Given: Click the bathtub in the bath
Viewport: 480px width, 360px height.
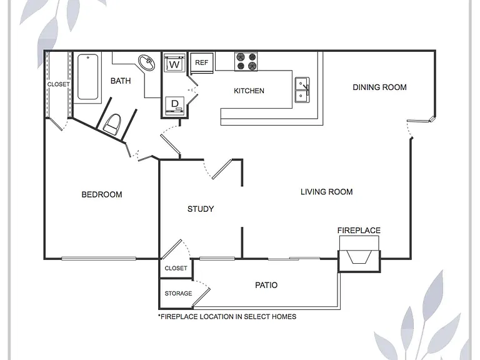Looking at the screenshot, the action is click(x=88, y=77).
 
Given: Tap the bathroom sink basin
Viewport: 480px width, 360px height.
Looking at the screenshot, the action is click(x=146, y=62).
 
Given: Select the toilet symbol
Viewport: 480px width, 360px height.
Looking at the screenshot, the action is click(x=112, y=124).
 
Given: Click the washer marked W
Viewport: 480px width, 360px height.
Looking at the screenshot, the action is click(x=174, y=62).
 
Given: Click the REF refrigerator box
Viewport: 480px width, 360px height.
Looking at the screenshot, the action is click(x=202, y=62).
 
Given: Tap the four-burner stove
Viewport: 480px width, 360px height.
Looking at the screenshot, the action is click(x=246, y=61).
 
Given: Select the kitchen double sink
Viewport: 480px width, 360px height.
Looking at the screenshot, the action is click(x=302, y=89).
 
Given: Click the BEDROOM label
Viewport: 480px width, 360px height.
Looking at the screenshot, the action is click(x=102, y=194).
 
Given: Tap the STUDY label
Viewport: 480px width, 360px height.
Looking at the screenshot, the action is click(x=201, y=209).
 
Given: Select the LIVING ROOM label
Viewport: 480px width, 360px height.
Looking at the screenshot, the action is click(x=327, y=192).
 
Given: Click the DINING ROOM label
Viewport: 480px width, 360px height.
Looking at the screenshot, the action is click(x=379, y=87).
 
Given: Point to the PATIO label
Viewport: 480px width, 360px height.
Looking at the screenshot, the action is click(x=266, y=285).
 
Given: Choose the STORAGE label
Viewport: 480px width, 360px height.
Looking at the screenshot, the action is click(x=179, y=293).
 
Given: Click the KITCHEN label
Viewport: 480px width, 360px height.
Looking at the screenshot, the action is click(x=249, y=91).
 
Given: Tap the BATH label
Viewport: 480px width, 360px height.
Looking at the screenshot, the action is click(x=121, y=81).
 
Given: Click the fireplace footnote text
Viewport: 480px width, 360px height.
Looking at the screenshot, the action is click(x=227, y=316).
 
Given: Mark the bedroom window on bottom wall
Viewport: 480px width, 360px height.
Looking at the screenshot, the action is click(x=99, y=259).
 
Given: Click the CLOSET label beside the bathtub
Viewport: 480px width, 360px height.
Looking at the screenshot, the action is click(x=59, y=84).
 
